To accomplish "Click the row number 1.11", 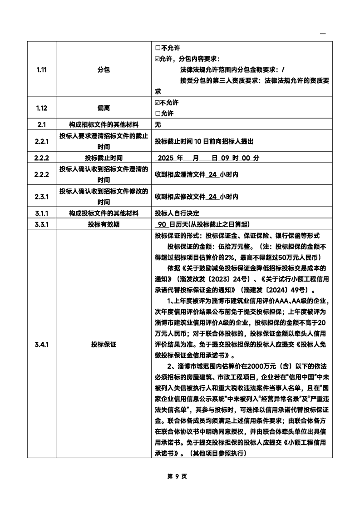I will (41, 70).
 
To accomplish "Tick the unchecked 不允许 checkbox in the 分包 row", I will (158, 48).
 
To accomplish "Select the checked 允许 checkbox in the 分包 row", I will (158, 59).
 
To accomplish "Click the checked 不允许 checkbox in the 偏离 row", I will (158, 103).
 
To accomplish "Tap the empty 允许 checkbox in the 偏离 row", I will (158, 114).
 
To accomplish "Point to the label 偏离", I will (104, 108).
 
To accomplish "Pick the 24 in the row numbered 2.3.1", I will (212, 197).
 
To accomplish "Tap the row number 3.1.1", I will (41, 213).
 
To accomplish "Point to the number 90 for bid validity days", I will (161, 224).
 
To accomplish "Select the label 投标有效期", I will (104, 224).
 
